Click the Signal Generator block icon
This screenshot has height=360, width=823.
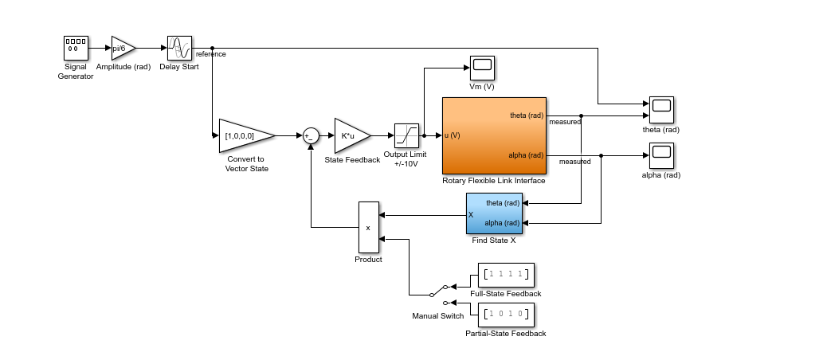coord(76,48)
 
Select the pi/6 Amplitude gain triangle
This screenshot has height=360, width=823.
coord(122,48)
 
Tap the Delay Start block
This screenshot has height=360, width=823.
coord(179,48)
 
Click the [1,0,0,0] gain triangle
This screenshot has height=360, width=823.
coord(243,136)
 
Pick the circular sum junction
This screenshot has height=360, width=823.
coord(311,136)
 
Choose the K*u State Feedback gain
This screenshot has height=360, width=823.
coord(351,136)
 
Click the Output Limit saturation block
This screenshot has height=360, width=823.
coord(406,136)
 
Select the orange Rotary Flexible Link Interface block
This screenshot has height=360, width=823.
coord(494,135)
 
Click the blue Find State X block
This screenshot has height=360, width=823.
coord(494,213)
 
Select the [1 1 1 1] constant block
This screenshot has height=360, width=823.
coord(506,275)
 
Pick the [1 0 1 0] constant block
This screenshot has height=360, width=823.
coord(506,315)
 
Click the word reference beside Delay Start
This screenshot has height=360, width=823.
coord(211,54)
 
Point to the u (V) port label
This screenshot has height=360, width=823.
coord(453,135)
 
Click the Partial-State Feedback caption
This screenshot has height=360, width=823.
coord(506,334)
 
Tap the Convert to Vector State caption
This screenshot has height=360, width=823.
coord(248,163)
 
